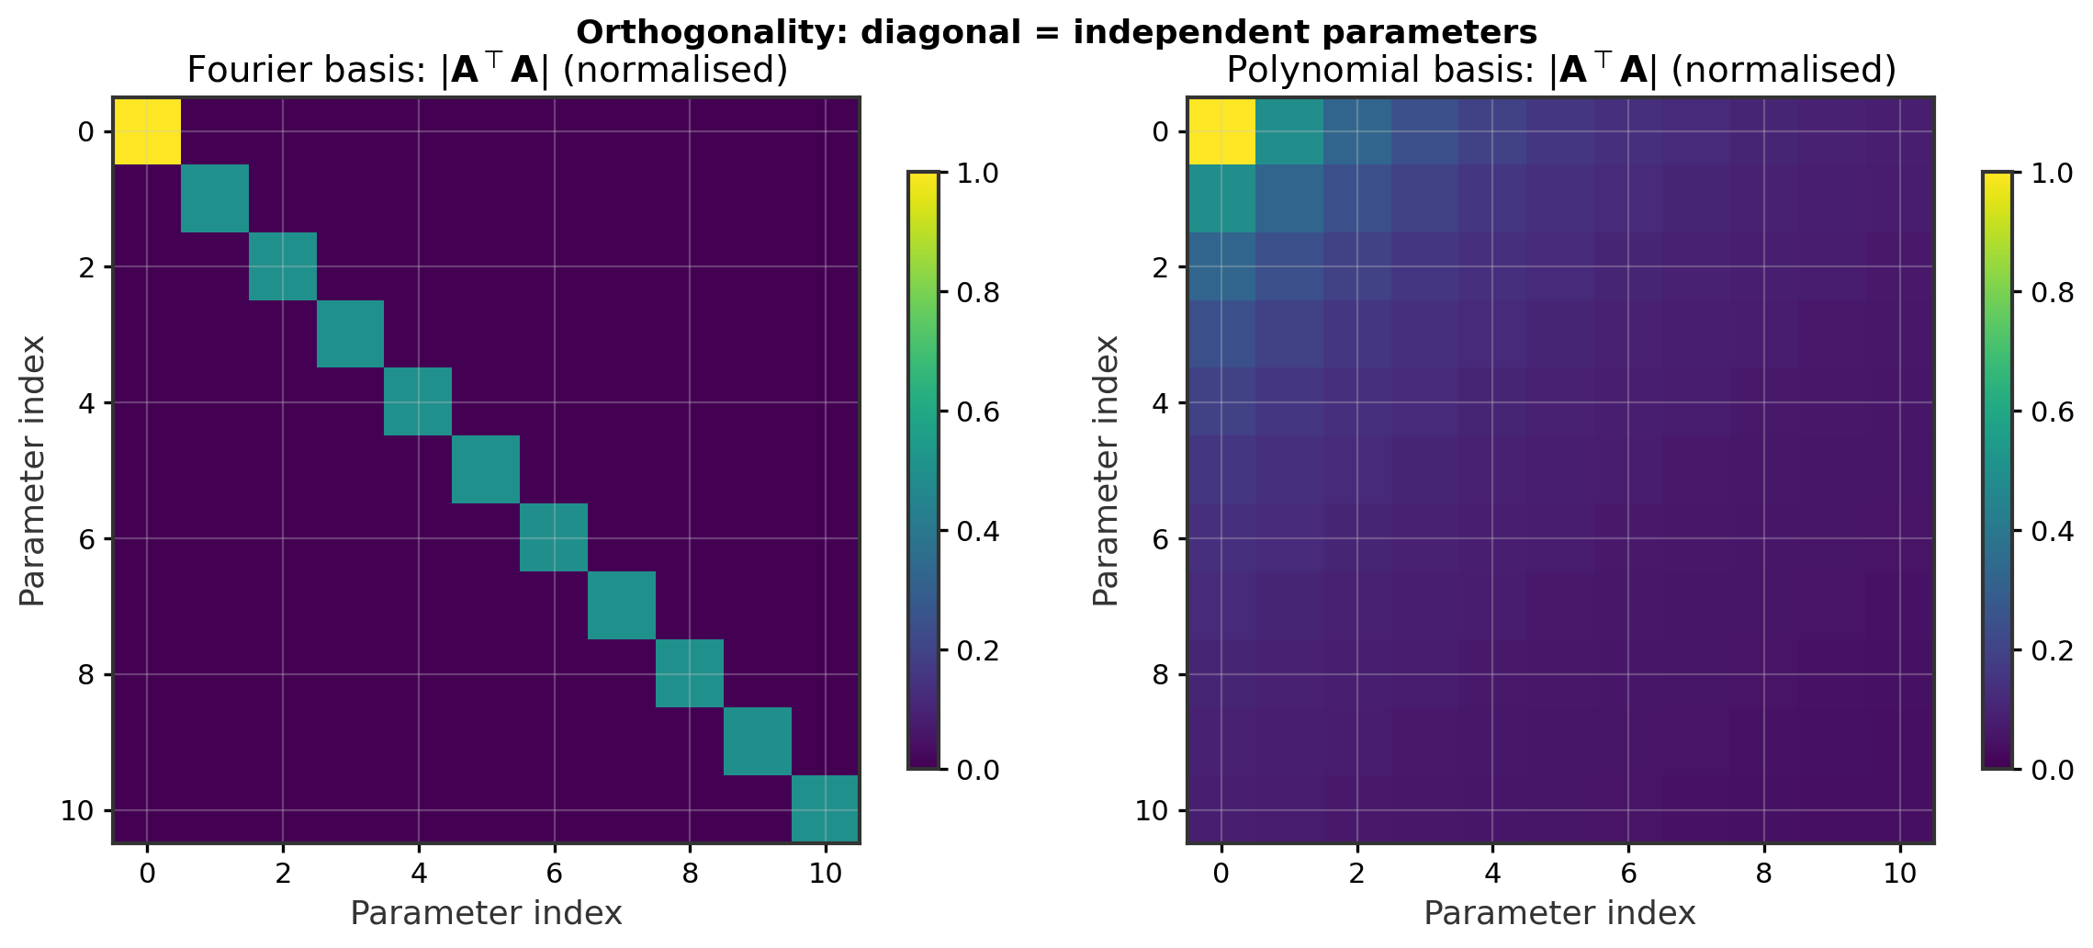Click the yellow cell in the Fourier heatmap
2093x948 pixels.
147,130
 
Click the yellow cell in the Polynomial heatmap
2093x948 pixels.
1221,130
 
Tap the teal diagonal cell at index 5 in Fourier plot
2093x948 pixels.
486,469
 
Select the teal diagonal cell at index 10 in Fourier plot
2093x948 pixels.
825,808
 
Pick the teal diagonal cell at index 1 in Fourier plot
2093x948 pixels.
215,198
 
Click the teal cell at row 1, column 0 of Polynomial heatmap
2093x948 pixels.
1221,198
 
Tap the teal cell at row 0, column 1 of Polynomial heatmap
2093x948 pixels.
1288,130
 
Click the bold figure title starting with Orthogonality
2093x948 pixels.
1056,32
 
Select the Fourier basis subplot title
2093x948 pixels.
487,71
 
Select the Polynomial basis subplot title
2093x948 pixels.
1561,71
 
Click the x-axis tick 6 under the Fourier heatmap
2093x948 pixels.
554,873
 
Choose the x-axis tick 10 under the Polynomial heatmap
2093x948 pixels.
1899,873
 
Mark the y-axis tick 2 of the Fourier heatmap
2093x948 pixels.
84,266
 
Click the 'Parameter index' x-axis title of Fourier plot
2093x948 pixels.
486,913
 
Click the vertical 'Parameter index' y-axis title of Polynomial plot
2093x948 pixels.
1106,470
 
